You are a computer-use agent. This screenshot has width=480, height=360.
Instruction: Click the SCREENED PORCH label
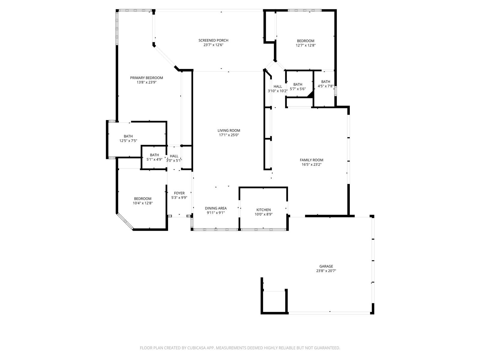pos(213,40)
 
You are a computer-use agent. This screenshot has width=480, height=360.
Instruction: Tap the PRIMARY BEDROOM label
pos(146,78)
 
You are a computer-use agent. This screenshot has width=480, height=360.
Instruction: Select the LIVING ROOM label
pos(229,130)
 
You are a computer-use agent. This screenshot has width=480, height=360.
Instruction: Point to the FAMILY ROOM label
pos(311,160)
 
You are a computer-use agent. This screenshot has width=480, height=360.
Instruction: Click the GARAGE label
pos(326,266)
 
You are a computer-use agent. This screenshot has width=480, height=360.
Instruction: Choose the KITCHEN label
pos(263,210)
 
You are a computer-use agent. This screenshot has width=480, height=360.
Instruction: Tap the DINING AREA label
pos(216,208)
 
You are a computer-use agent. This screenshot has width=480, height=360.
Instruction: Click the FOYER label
pos(179,193)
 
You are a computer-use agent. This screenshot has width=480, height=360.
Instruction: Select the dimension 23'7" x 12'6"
pos(213,45)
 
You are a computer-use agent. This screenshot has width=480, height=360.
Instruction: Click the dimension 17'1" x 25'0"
pos(229,135)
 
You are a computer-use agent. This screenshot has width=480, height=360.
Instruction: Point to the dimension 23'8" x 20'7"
pos(326,271)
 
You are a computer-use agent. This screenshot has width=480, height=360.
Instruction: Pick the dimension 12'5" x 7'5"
pos(128,141)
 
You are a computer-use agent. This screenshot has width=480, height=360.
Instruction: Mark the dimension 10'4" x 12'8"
pos(142,203)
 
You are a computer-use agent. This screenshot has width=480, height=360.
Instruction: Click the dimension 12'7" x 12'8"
pos(305,46)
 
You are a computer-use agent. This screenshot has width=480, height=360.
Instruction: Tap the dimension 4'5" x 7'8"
pos(325,86)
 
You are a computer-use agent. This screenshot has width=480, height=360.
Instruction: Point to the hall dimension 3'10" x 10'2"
pos(277,91)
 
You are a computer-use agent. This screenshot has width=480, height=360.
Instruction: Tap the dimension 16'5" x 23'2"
pos(311,165)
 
